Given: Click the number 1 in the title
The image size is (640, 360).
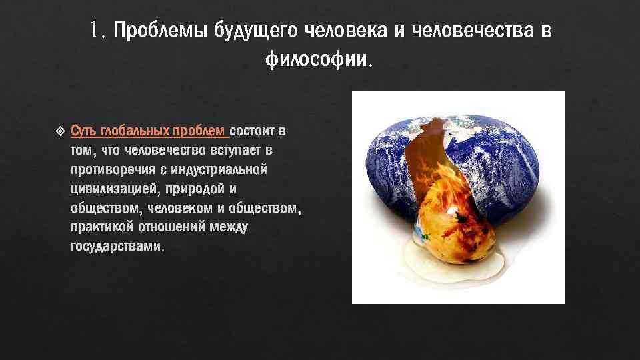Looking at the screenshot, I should (x=96, y=31).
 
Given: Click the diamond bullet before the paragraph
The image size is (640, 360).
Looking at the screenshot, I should (x=59, y=130).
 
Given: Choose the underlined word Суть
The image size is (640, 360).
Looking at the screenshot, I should (x=83, y=130).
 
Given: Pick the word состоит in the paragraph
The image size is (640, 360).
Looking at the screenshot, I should (x=253, y=130).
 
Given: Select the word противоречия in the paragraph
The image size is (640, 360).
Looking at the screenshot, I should (x=110, y=169).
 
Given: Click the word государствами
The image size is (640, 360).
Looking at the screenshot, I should (x=115, y=247).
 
